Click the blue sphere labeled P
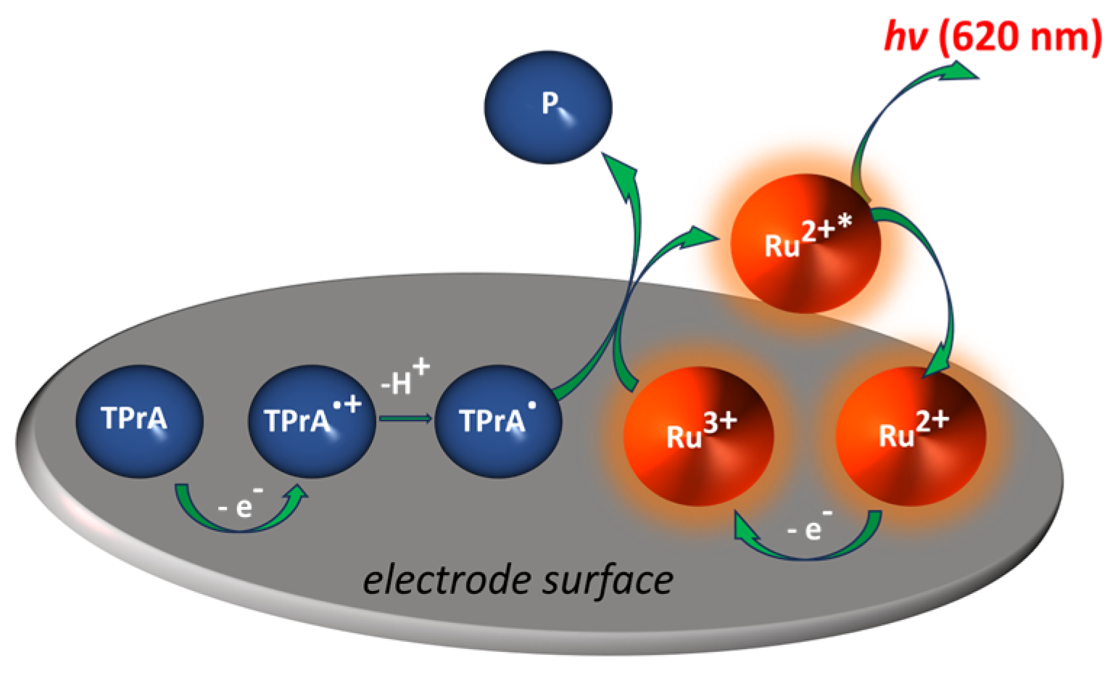[548, 107]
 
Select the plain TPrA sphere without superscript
[139, 421]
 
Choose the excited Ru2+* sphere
[805, 243]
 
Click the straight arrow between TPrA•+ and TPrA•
[406, 418]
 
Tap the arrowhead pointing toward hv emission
[961, 70]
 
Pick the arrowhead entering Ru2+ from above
[940, 363]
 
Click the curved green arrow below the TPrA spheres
[239, 521]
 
